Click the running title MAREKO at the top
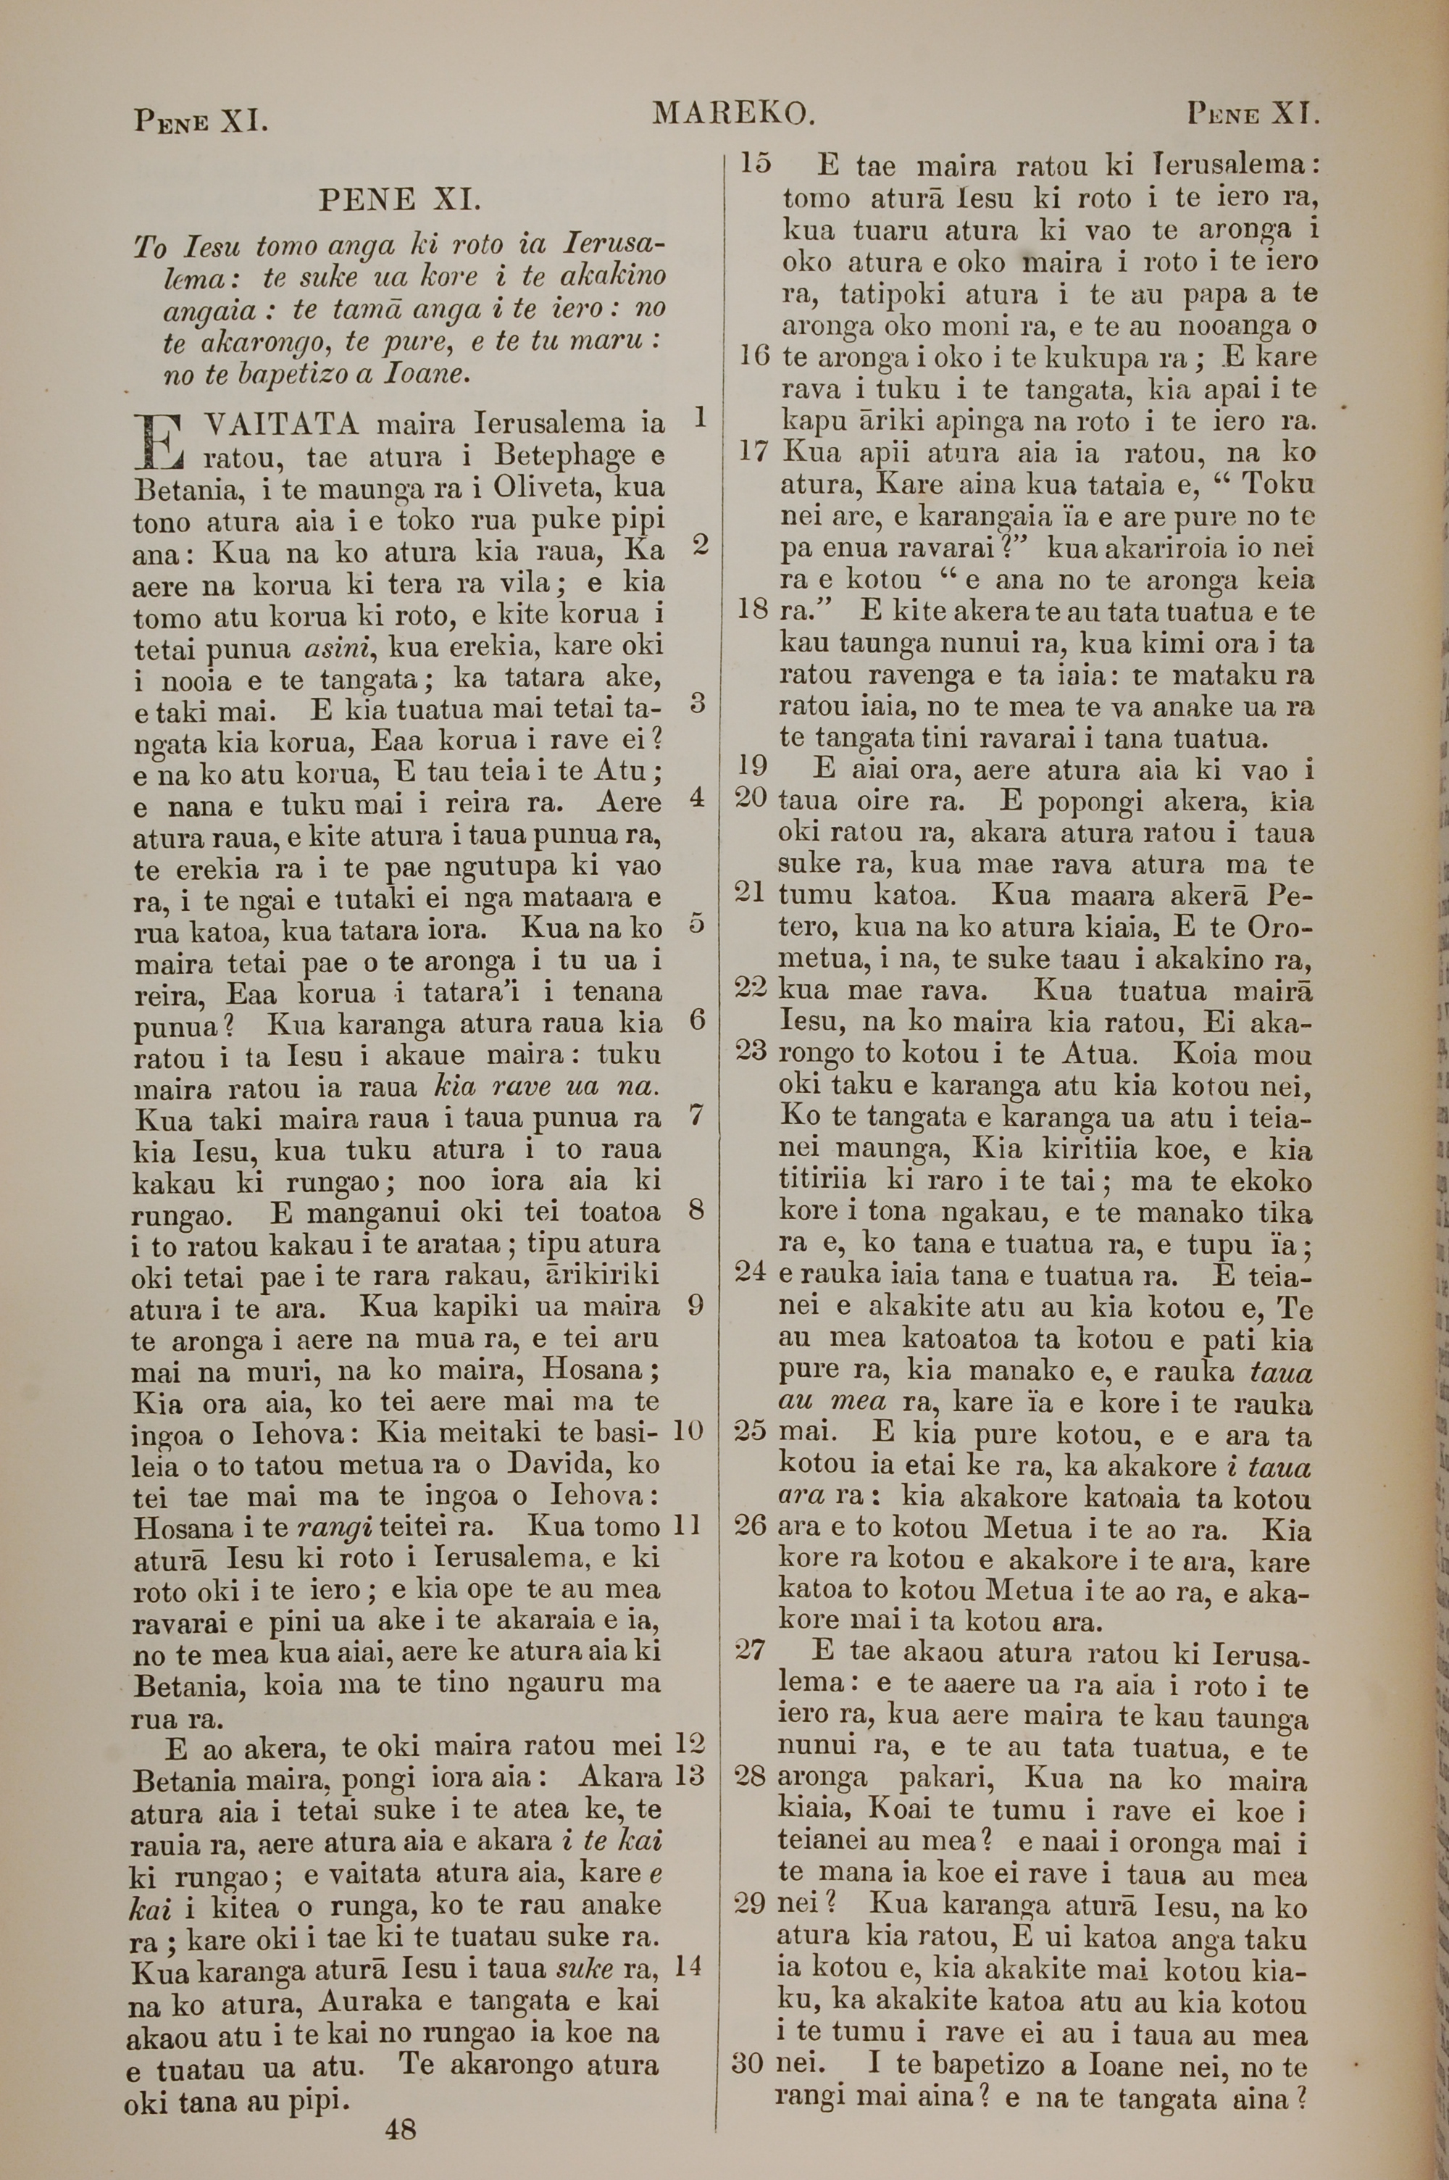732,114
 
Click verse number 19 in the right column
753,765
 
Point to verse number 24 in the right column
751,1270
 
